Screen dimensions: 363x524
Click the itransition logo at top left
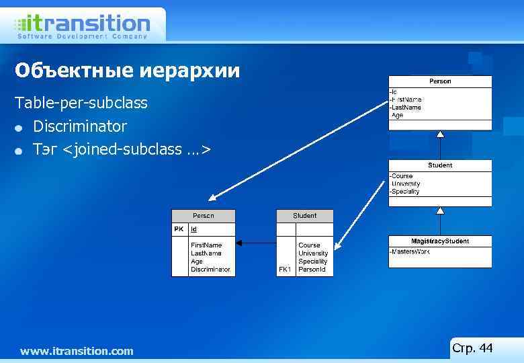[81, 26]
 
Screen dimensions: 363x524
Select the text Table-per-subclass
[81, 104]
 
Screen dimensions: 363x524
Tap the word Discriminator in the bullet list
[80, 126]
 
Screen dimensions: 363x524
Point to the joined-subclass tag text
[122, 149]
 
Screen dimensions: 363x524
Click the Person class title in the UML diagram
[440, 81]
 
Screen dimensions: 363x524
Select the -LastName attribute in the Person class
[406, 108]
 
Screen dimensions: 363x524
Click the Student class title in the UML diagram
[440, 165]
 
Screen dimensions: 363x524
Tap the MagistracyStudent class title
[440, 241]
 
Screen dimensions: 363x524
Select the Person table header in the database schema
[203, 216]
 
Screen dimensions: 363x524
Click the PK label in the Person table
[179, 229]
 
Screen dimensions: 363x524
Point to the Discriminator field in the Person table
[210, 270]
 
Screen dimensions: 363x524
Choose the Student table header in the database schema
[304, 216]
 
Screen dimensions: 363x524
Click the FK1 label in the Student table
[285, 270]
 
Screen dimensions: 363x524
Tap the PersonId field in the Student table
[312, 270]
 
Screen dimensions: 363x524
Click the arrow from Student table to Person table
[256, 243]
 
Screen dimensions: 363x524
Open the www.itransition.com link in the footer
[77, 351]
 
